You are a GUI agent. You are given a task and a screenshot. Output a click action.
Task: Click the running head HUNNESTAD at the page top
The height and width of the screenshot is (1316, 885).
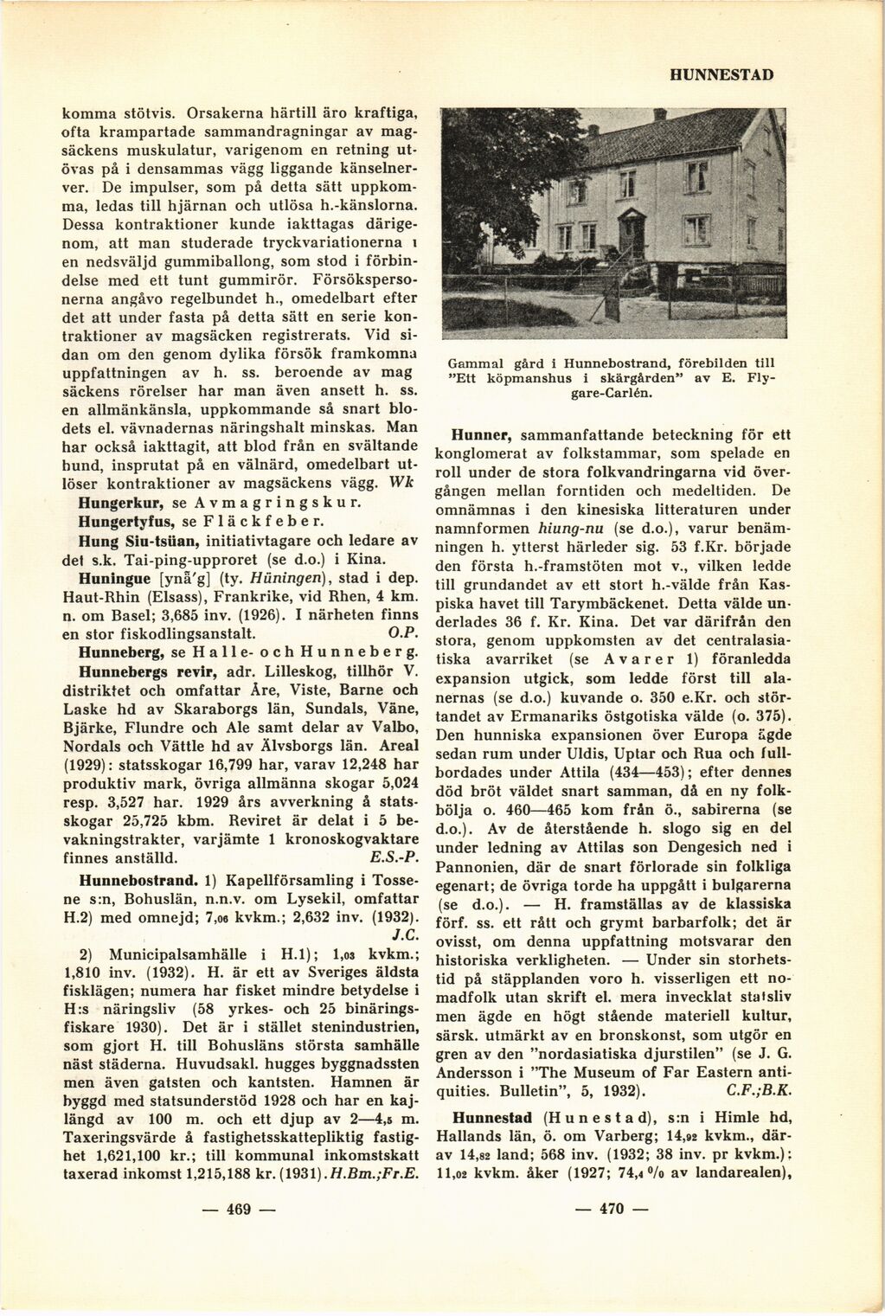[721, 75]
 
